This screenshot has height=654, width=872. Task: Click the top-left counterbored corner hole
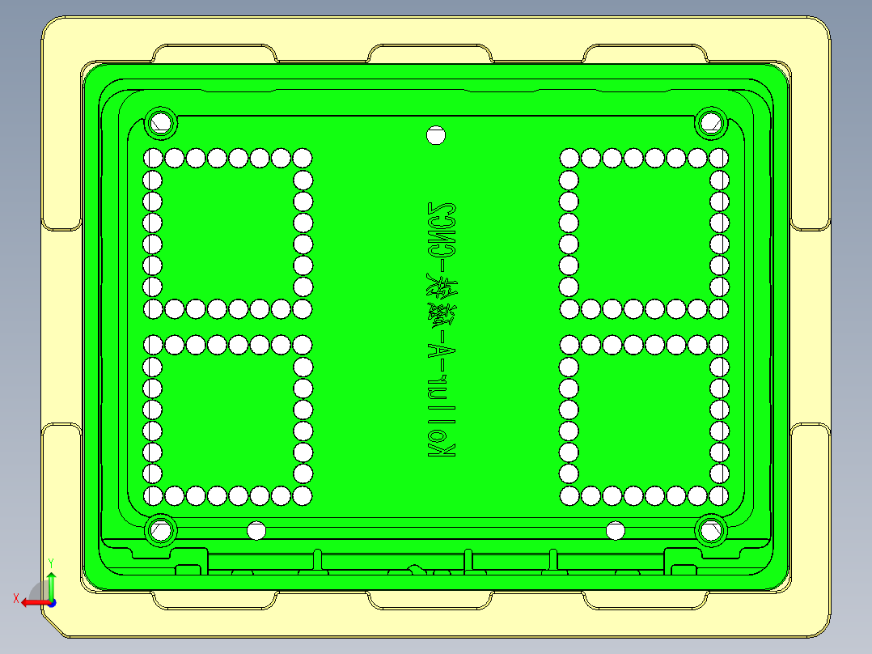tap(161, 123)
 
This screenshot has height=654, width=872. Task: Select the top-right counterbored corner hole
tap(710, 122)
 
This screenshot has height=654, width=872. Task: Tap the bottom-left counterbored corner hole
tap(161, 530)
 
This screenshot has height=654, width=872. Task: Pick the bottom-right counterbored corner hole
tap(710, 530)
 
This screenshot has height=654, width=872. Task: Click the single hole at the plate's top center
tap(436, 135)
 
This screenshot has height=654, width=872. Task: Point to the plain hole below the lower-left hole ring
tap(256, 531)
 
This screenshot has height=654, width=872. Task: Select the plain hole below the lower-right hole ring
tap(616, 531)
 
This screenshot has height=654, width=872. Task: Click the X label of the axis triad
tap(15, 599)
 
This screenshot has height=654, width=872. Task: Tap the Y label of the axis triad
tap(50, 561)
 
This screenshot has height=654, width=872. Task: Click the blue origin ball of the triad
tap(51, 602)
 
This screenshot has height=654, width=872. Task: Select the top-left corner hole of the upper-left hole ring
tap(152, 158)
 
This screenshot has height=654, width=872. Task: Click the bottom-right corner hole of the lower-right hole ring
tap(719, 495)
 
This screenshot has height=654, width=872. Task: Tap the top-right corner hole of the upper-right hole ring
tap(719, 158)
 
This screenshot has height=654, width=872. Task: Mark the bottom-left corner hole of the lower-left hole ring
tap(152, 495)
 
